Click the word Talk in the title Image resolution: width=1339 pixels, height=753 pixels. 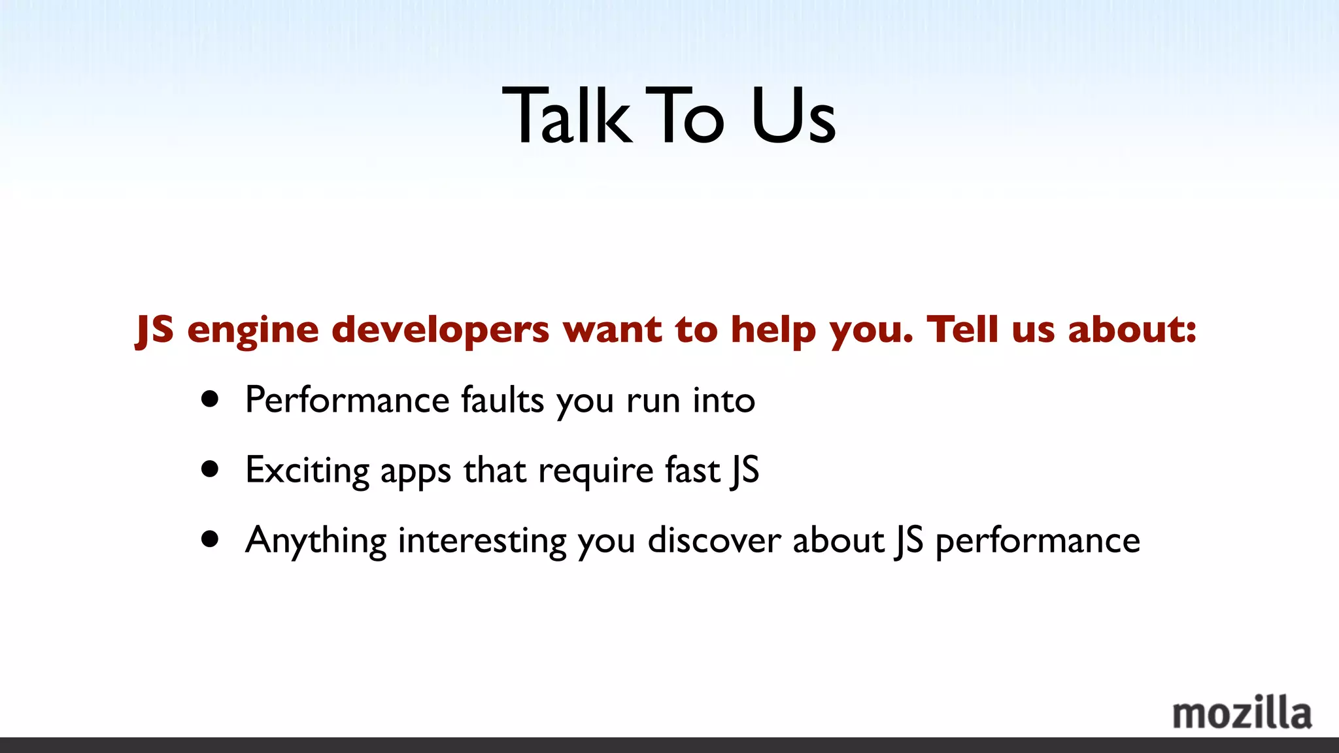(x=567, y=116)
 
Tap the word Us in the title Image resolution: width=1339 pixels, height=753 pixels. (x=793, y=116)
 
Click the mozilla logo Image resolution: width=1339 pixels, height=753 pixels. (x=1242, y=714)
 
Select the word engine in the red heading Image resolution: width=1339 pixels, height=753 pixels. (x=253, y=330)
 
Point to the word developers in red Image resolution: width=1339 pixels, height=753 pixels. (x=440, y=330)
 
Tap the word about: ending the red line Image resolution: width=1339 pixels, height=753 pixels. (x=1132, y=329)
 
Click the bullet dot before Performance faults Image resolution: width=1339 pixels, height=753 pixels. (x=210, y=399)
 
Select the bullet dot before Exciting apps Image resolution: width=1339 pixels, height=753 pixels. (x=210, y=469)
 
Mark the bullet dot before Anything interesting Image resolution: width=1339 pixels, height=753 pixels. (x=210, y=539)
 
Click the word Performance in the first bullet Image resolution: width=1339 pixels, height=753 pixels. (x=347, y=400)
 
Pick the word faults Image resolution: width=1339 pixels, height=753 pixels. (x=502, y=400)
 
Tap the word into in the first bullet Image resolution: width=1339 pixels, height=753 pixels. (x=724, y=400)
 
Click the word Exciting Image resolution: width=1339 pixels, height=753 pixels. (x=307, y=471)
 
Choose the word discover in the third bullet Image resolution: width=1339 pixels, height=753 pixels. (x=714, y=541)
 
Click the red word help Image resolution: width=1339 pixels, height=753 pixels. (x=773, y=330)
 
